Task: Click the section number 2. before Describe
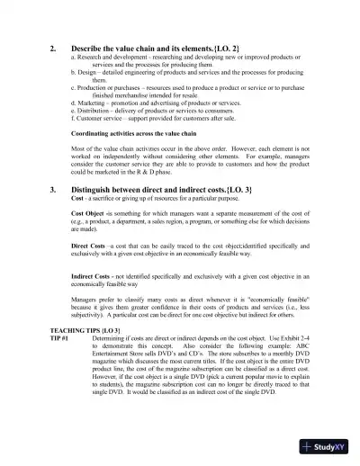pos(53,46)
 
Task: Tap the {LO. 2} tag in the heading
pos(227,46)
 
